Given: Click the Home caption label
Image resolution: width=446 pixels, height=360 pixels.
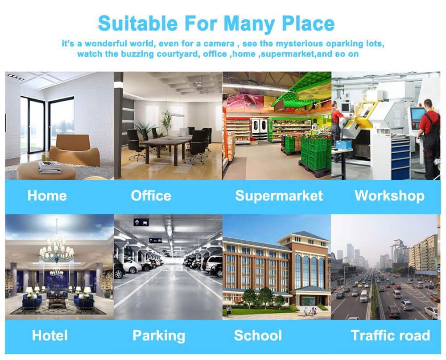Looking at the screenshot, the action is [x=47, y=196].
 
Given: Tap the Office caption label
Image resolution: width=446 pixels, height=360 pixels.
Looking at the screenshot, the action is [x=151, y=196].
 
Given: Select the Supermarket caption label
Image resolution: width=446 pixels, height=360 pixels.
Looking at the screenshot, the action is [x=279, y=196].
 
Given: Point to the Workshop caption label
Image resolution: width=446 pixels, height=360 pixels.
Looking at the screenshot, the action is [x=390, y=196].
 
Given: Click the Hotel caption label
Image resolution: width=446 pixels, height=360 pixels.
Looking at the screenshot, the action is [x=50, y=335].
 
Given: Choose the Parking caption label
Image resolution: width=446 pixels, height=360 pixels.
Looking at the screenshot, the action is [x=159, y=336].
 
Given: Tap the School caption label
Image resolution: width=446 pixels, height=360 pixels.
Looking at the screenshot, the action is [x=258, y=335].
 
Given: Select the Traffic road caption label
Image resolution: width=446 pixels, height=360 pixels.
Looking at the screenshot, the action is [x=391, y=335].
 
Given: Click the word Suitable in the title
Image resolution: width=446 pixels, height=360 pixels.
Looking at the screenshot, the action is [x=138, y=23].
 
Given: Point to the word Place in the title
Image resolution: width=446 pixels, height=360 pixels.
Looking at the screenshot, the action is [x=308, y=23].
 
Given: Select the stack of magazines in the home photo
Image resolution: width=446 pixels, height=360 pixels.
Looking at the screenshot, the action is [x=50, y=167].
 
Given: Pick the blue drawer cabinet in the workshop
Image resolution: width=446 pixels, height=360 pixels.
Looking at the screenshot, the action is [x=401, y=157].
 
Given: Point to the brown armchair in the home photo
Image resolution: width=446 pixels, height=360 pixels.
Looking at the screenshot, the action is [x=75, y=151].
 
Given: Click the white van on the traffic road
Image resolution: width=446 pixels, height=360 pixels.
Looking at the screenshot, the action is [x=364, y=296].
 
